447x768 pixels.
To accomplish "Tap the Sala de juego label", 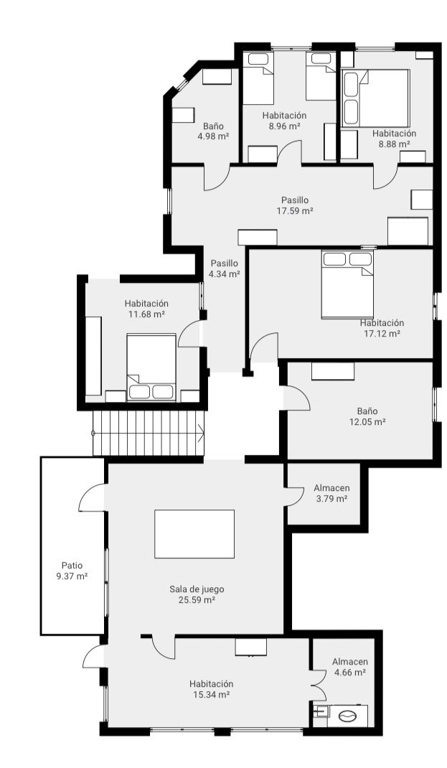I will click(x=197, y=589).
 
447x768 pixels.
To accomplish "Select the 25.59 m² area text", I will click(x=197, y=600).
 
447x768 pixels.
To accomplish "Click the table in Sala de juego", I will click(x=194, y=534).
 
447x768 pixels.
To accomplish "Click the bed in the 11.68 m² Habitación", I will click(x=151, y=366).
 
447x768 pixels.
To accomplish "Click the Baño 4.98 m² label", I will click(x=213, y=130).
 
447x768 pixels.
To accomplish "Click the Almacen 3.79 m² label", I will click(x=331, y=493).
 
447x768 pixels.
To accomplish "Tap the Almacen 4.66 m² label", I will click(x=350, y=667).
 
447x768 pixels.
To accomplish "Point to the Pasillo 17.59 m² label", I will click(x=295, y=205).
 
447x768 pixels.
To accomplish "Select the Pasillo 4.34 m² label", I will click(x=224, y=268).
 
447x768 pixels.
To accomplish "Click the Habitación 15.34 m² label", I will click(x=211, y=689).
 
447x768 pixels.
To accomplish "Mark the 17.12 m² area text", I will click(x=382, y=333).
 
